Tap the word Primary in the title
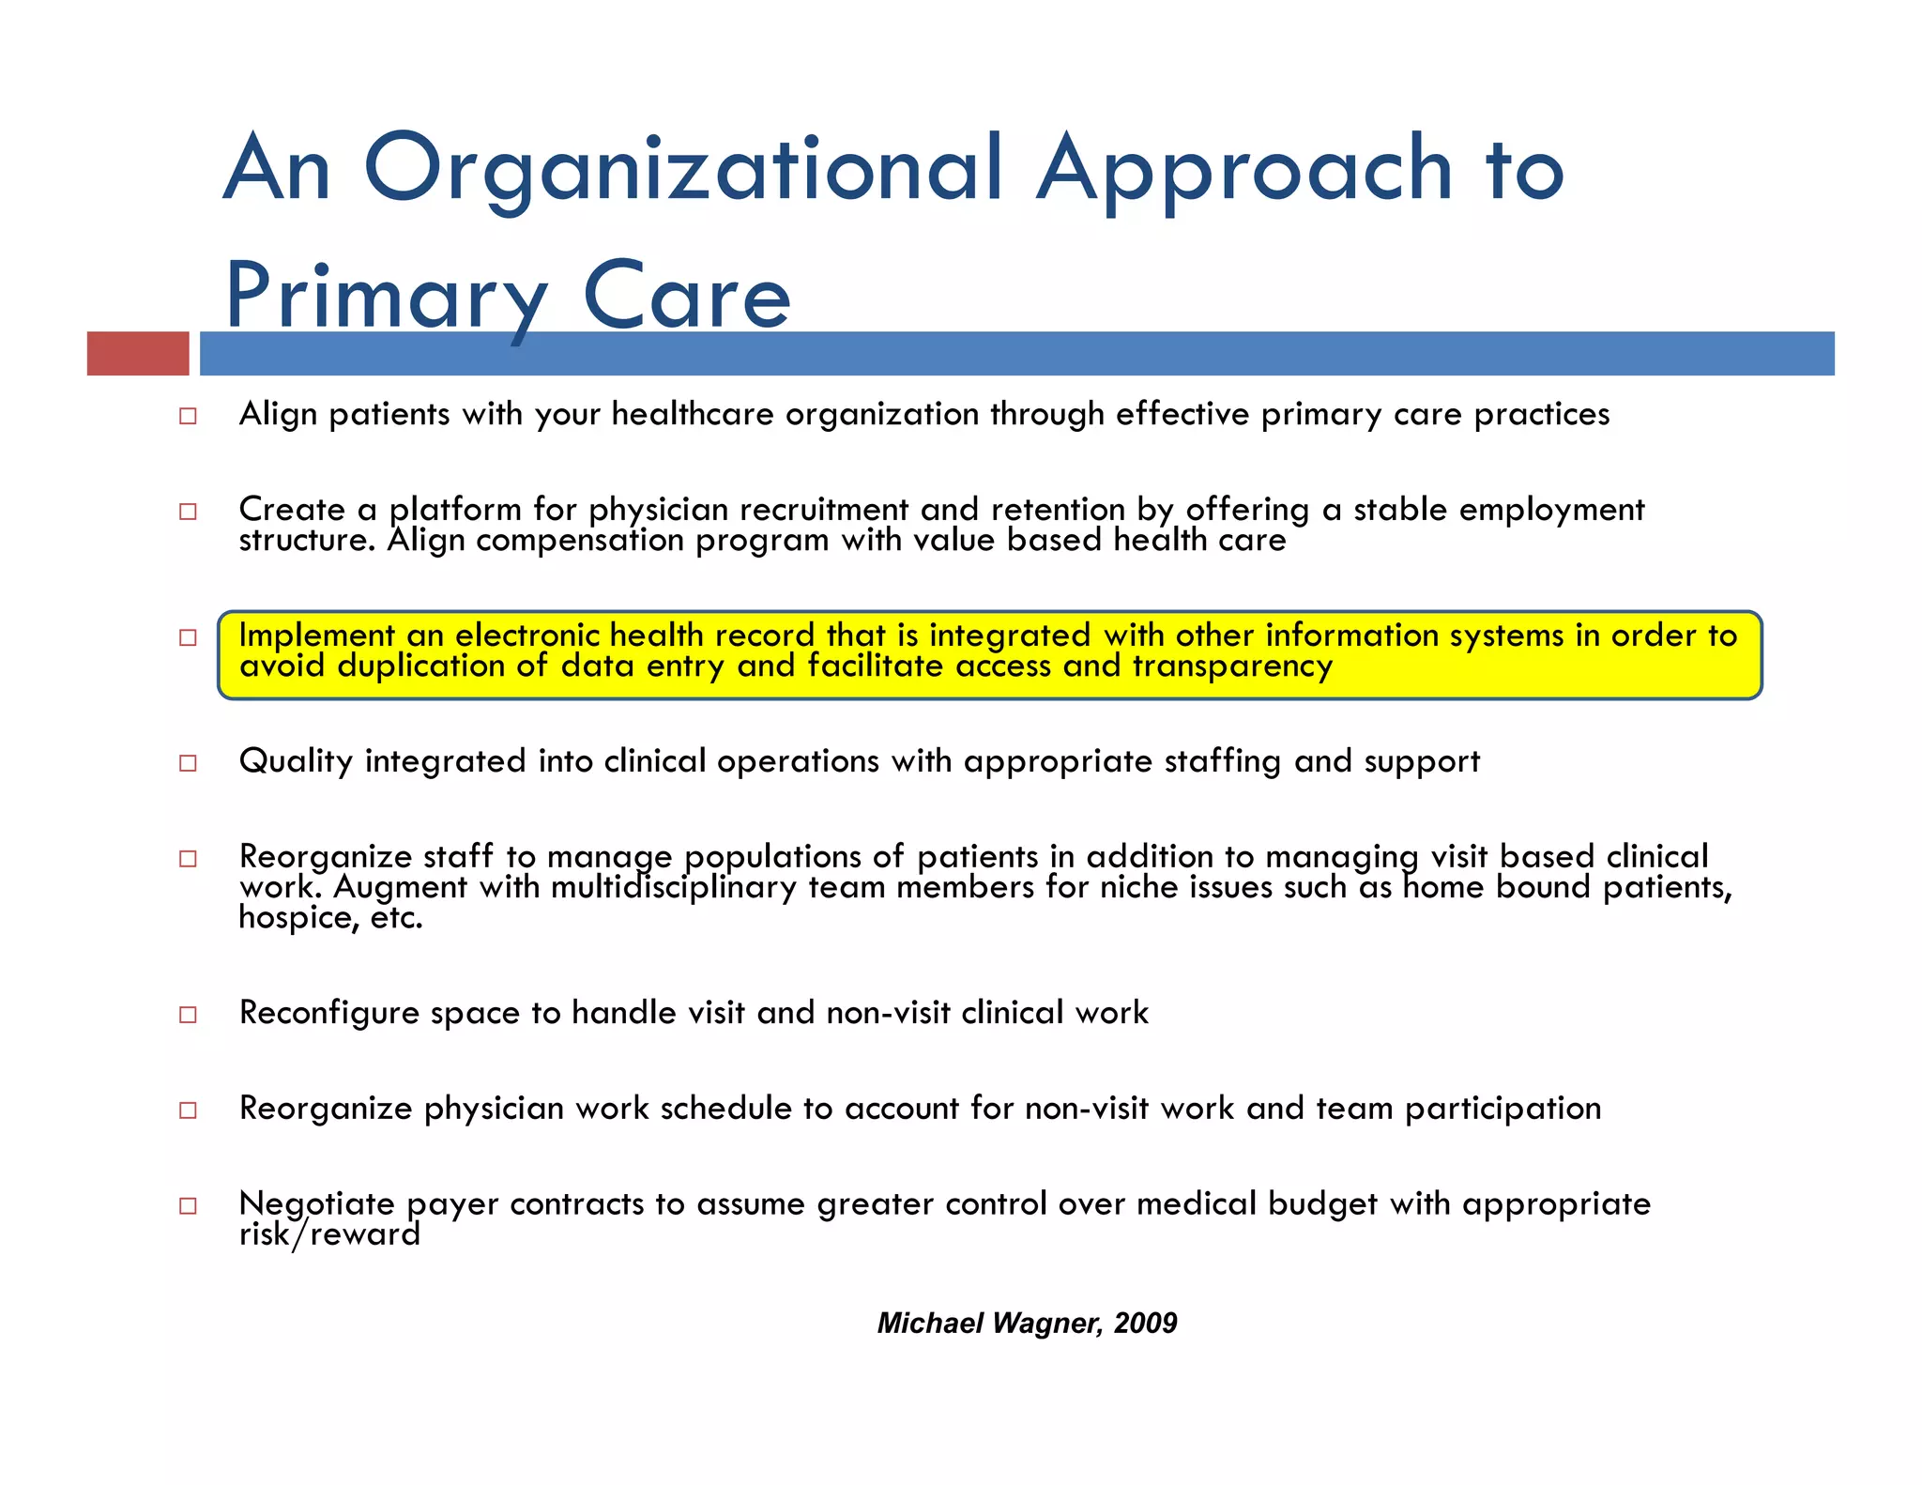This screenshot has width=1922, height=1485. coord(386,297)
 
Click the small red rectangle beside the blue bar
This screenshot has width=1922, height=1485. coord(138,354)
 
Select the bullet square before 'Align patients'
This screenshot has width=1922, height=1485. coord(189,416)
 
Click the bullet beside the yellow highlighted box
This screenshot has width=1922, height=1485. coord(189,637)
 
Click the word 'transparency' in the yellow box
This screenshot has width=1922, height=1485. coord(1232,666)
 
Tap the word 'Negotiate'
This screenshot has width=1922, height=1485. coord(317,1204)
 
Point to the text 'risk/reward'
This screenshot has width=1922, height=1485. coord(329,1234)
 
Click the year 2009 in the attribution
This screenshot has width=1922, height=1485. coord(1145,1324)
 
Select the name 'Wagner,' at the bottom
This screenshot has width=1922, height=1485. coord(1047,1324)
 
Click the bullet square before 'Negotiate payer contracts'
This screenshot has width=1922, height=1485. coord(189,1206)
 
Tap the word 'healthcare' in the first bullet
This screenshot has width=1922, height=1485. coord(693,414)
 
